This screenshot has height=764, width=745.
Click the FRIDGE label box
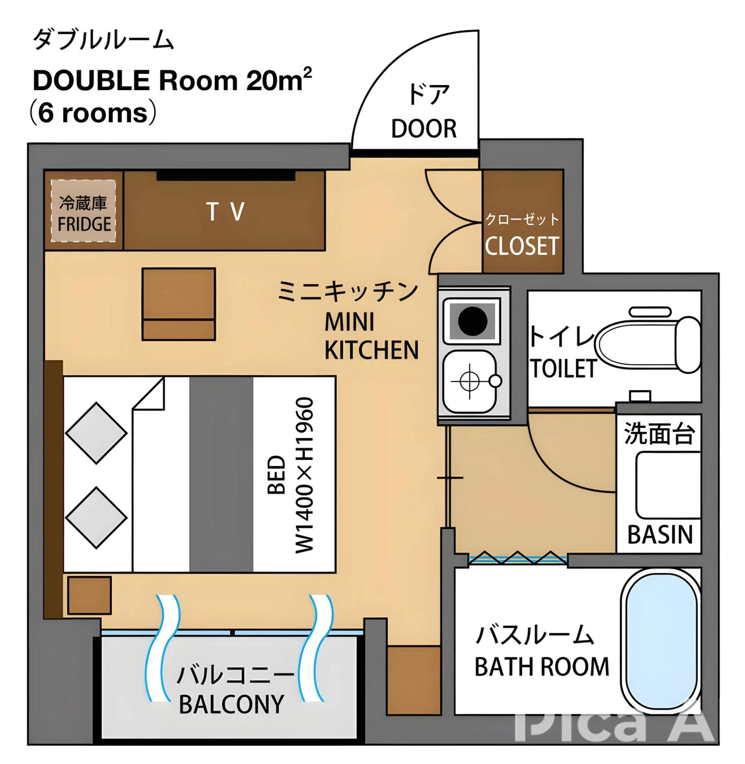(x=83, y=211)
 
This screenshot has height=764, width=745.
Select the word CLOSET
(x=522, y=246)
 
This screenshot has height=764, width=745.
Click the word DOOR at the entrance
(x=424, y=129)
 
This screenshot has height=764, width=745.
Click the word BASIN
(x=660, y=535)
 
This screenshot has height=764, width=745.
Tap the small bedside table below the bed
(x=90, y=595)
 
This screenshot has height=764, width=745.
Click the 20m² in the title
(x=279, y=81)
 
